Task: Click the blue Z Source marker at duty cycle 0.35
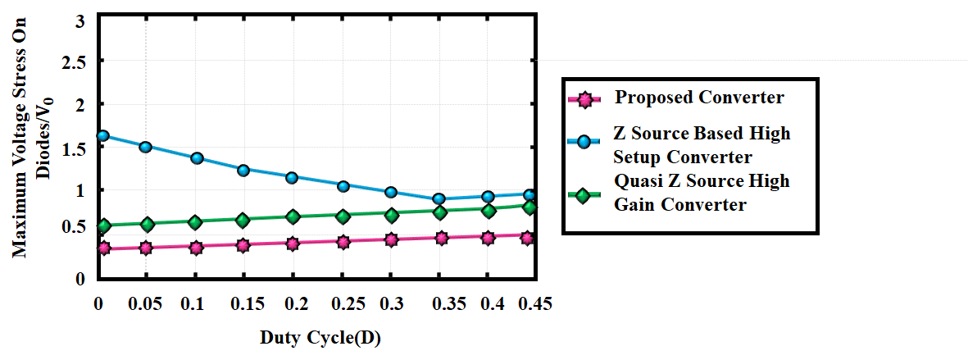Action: [x=439, y=198]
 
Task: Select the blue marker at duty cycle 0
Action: [x=103, y=136]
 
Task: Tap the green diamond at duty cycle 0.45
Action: [x=529, y=207]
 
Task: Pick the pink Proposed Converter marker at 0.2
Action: [x=293, y=244]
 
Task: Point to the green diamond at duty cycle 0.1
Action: [x=195, y=222]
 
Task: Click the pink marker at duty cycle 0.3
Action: [x=391, y=239]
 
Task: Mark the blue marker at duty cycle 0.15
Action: [x=243, y=171]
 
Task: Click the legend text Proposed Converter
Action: [x=699, y=98]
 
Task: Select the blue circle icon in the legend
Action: [x=584, y=143]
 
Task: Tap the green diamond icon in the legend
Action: [x=584, y=196]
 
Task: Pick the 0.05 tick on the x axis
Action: [x=145, y=304]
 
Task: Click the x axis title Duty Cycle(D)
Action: [x=320, y=338]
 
